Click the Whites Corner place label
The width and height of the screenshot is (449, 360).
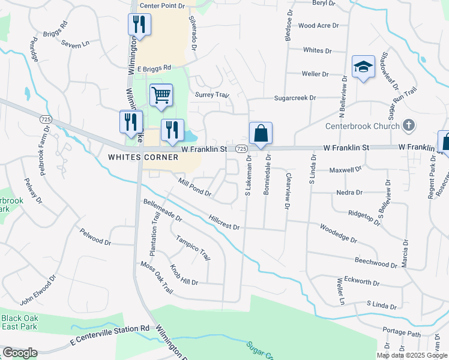point(143,157)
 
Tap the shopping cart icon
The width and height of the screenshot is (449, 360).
point(161,95)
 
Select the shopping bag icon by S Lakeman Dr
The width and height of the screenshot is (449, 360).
point(261,134)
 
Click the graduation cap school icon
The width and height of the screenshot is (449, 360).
point(363,67)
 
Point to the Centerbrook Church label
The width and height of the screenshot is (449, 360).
point(362,126)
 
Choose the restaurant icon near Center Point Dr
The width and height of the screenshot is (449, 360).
point(139,25)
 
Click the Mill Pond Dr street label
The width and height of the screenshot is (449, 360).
point(194,187)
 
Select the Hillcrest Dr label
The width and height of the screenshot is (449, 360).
point(224,223)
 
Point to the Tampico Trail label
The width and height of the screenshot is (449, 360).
point(193,247)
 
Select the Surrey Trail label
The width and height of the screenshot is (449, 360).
point(212,95)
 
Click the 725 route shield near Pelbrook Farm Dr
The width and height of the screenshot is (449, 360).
point(46,120)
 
